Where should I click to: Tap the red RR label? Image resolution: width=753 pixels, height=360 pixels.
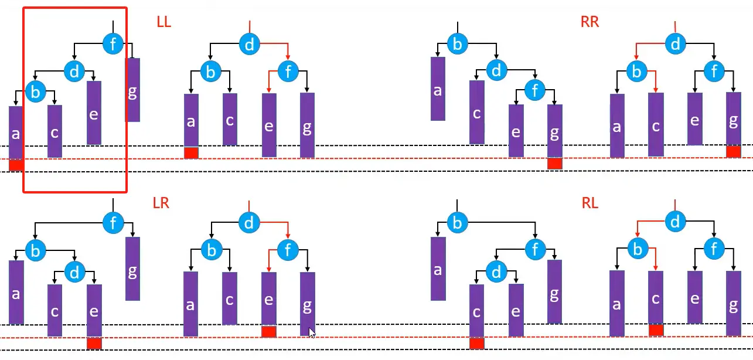590,23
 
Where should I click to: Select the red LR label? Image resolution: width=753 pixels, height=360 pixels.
161,203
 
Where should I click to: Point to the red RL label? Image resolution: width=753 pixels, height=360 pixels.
590,203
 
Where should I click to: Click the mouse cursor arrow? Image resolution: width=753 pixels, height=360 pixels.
312,332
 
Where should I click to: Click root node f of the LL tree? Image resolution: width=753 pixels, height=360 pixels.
113,43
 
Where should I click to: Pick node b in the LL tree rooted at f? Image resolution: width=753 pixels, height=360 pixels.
35,92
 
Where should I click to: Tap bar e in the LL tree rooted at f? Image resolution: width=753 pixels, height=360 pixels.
94,113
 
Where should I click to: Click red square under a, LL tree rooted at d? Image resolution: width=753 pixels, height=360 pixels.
191,152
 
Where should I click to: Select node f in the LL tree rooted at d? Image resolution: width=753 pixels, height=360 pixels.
288,73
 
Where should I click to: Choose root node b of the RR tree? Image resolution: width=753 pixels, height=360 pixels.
458,43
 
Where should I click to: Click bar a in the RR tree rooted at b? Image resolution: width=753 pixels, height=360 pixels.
438,89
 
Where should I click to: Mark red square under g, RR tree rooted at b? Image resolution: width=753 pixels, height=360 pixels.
554,164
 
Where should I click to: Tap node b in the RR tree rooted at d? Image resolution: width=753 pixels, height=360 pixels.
636,73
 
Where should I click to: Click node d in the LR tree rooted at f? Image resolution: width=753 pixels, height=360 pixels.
74,273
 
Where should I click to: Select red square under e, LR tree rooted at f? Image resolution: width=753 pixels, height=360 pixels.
94,343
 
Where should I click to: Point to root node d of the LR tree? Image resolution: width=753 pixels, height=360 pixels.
250,222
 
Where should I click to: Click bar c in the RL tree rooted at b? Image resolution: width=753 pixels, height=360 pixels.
476,311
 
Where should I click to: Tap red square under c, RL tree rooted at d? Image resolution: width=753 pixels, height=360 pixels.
656,330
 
